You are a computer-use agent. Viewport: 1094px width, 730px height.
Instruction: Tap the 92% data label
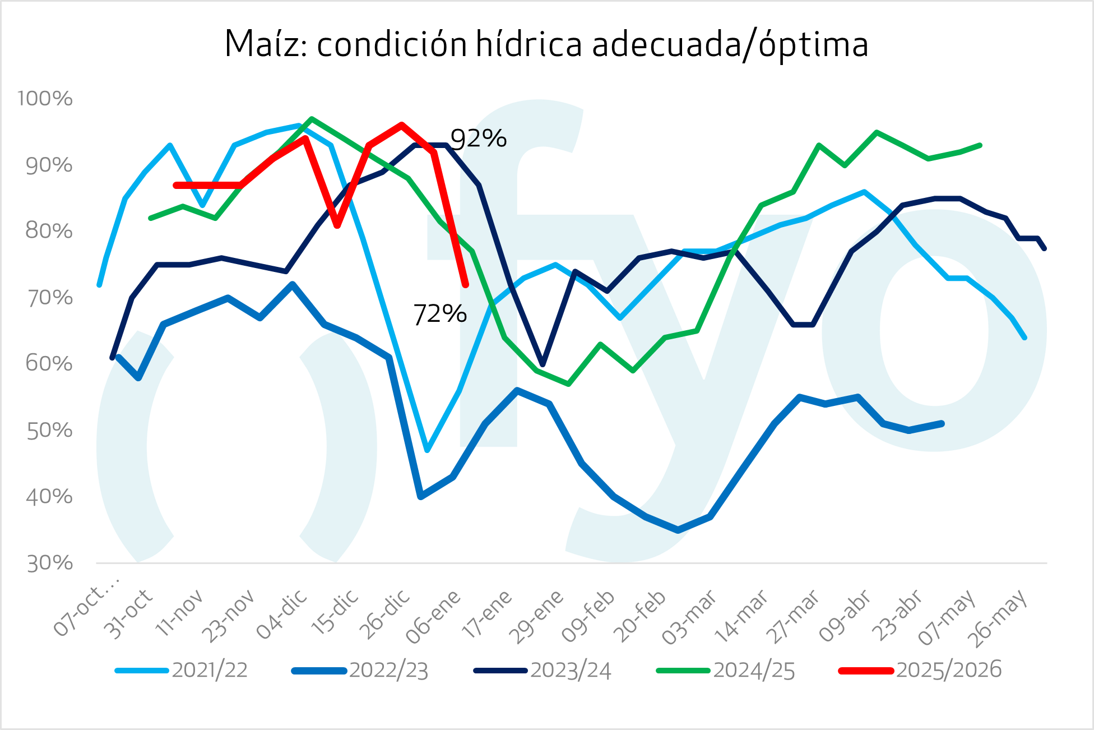coord(478,138)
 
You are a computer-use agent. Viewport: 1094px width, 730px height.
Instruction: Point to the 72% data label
coord(439,314)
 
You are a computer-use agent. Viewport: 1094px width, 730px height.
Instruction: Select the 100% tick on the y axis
coord(45,99)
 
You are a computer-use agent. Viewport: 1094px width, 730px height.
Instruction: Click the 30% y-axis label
coord(50,563)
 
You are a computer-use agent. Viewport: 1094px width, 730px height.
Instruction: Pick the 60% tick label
coord(49,364)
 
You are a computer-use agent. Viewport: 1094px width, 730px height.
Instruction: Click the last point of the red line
coord(466,285)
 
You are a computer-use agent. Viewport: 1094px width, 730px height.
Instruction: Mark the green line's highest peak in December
coord(312,119)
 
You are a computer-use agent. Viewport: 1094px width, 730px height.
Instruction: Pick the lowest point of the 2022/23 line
coord(678,530)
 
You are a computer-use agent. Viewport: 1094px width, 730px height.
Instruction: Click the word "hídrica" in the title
coord(529,44)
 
